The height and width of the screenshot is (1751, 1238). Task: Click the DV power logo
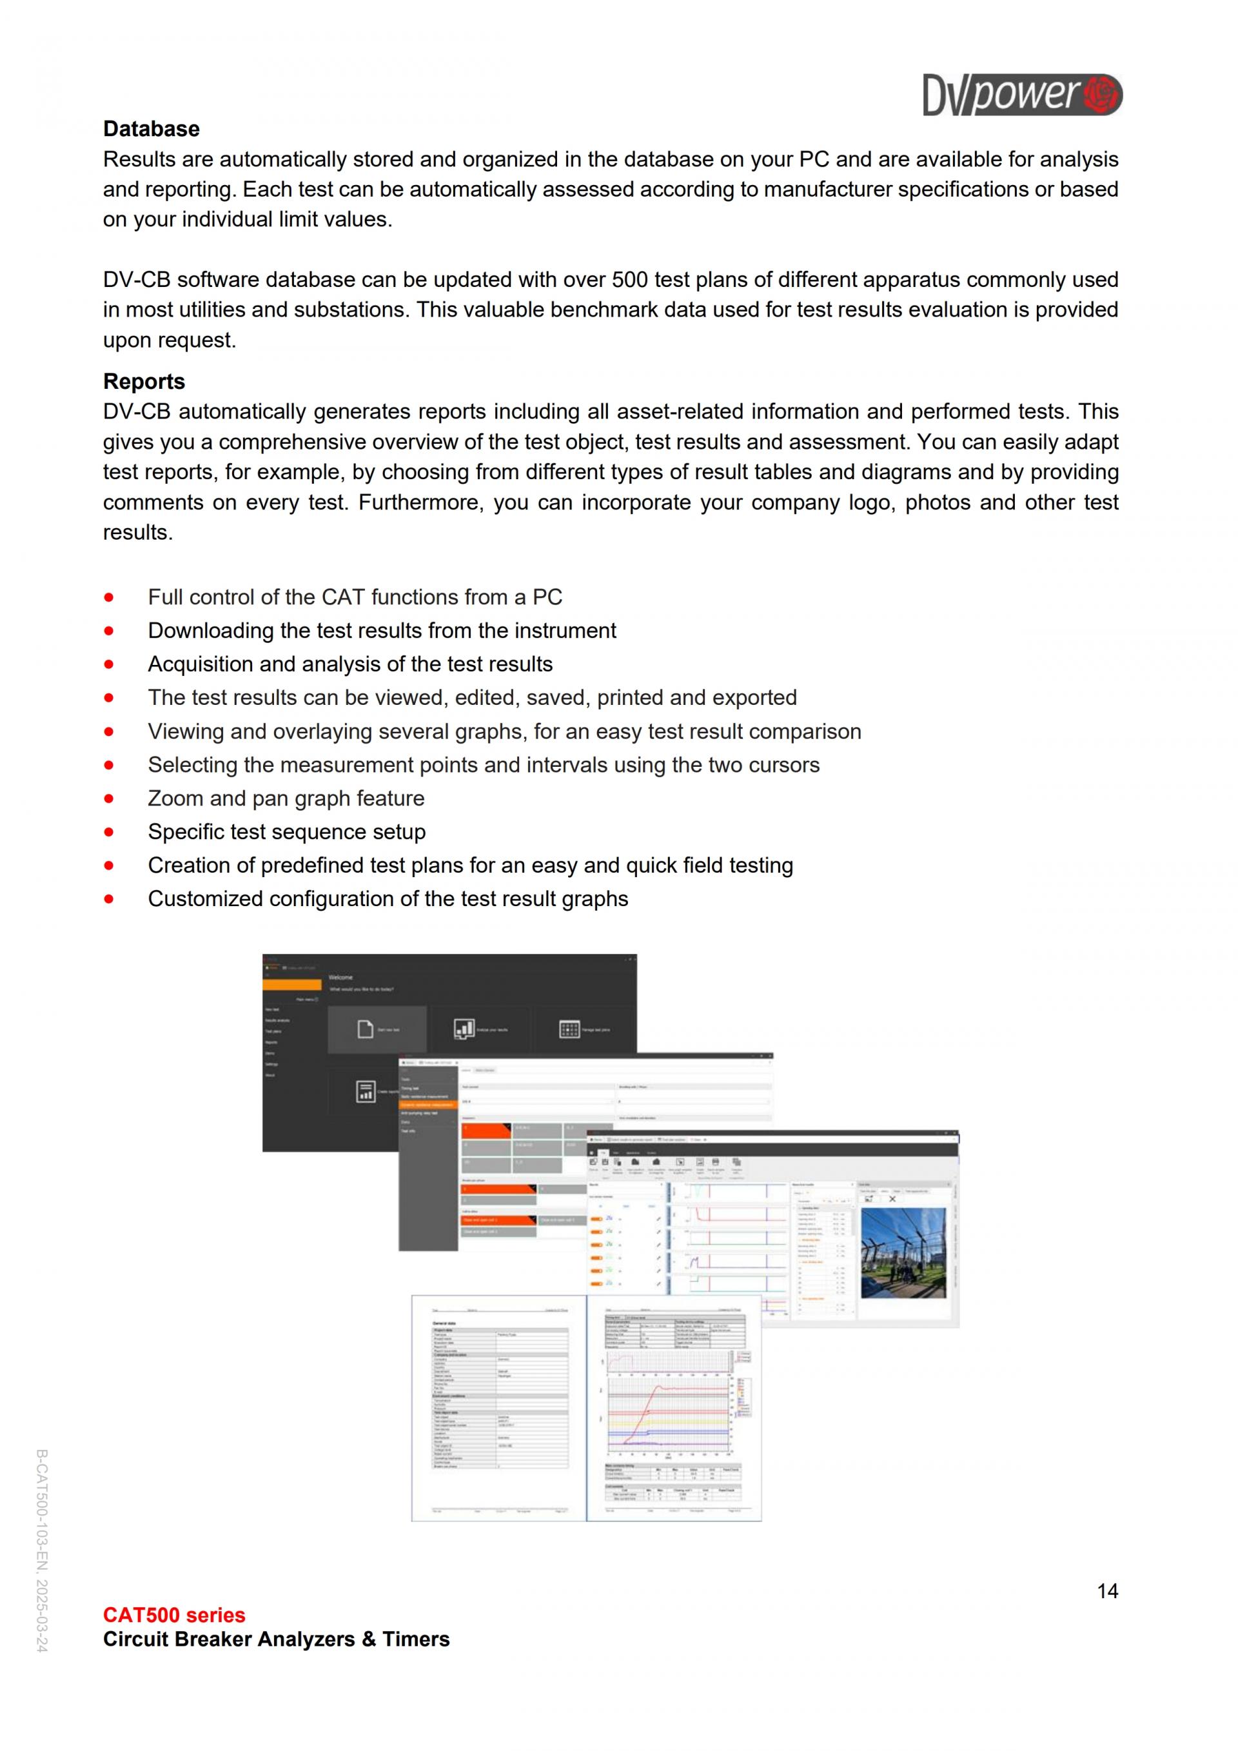point(1021,95)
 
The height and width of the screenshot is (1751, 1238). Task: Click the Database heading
point(151,129)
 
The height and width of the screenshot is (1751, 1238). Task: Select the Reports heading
point(144,381)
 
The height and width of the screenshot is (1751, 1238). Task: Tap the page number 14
point(1107,1591)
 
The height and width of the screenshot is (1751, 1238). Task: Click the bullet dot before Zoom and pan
point(109,798)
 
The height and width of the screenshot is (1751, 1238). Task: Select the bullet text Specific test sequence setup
point(287,832)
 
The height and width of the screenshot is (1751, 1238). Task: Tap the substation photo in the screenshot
point(903,1252)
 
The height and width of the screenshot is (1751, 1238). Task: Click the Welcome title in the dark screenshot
point(340,977)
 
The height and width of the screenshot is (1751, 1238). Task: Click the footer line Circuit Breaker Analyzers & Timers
point(276,1639)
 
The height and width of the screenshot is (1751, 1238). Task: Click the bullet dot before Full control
point(109,597)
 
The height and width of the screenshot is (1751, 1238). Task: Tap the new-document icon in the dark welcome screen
point(365,1029)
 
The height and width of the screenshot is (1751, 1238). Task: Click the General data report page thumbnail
point(498,1408)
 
